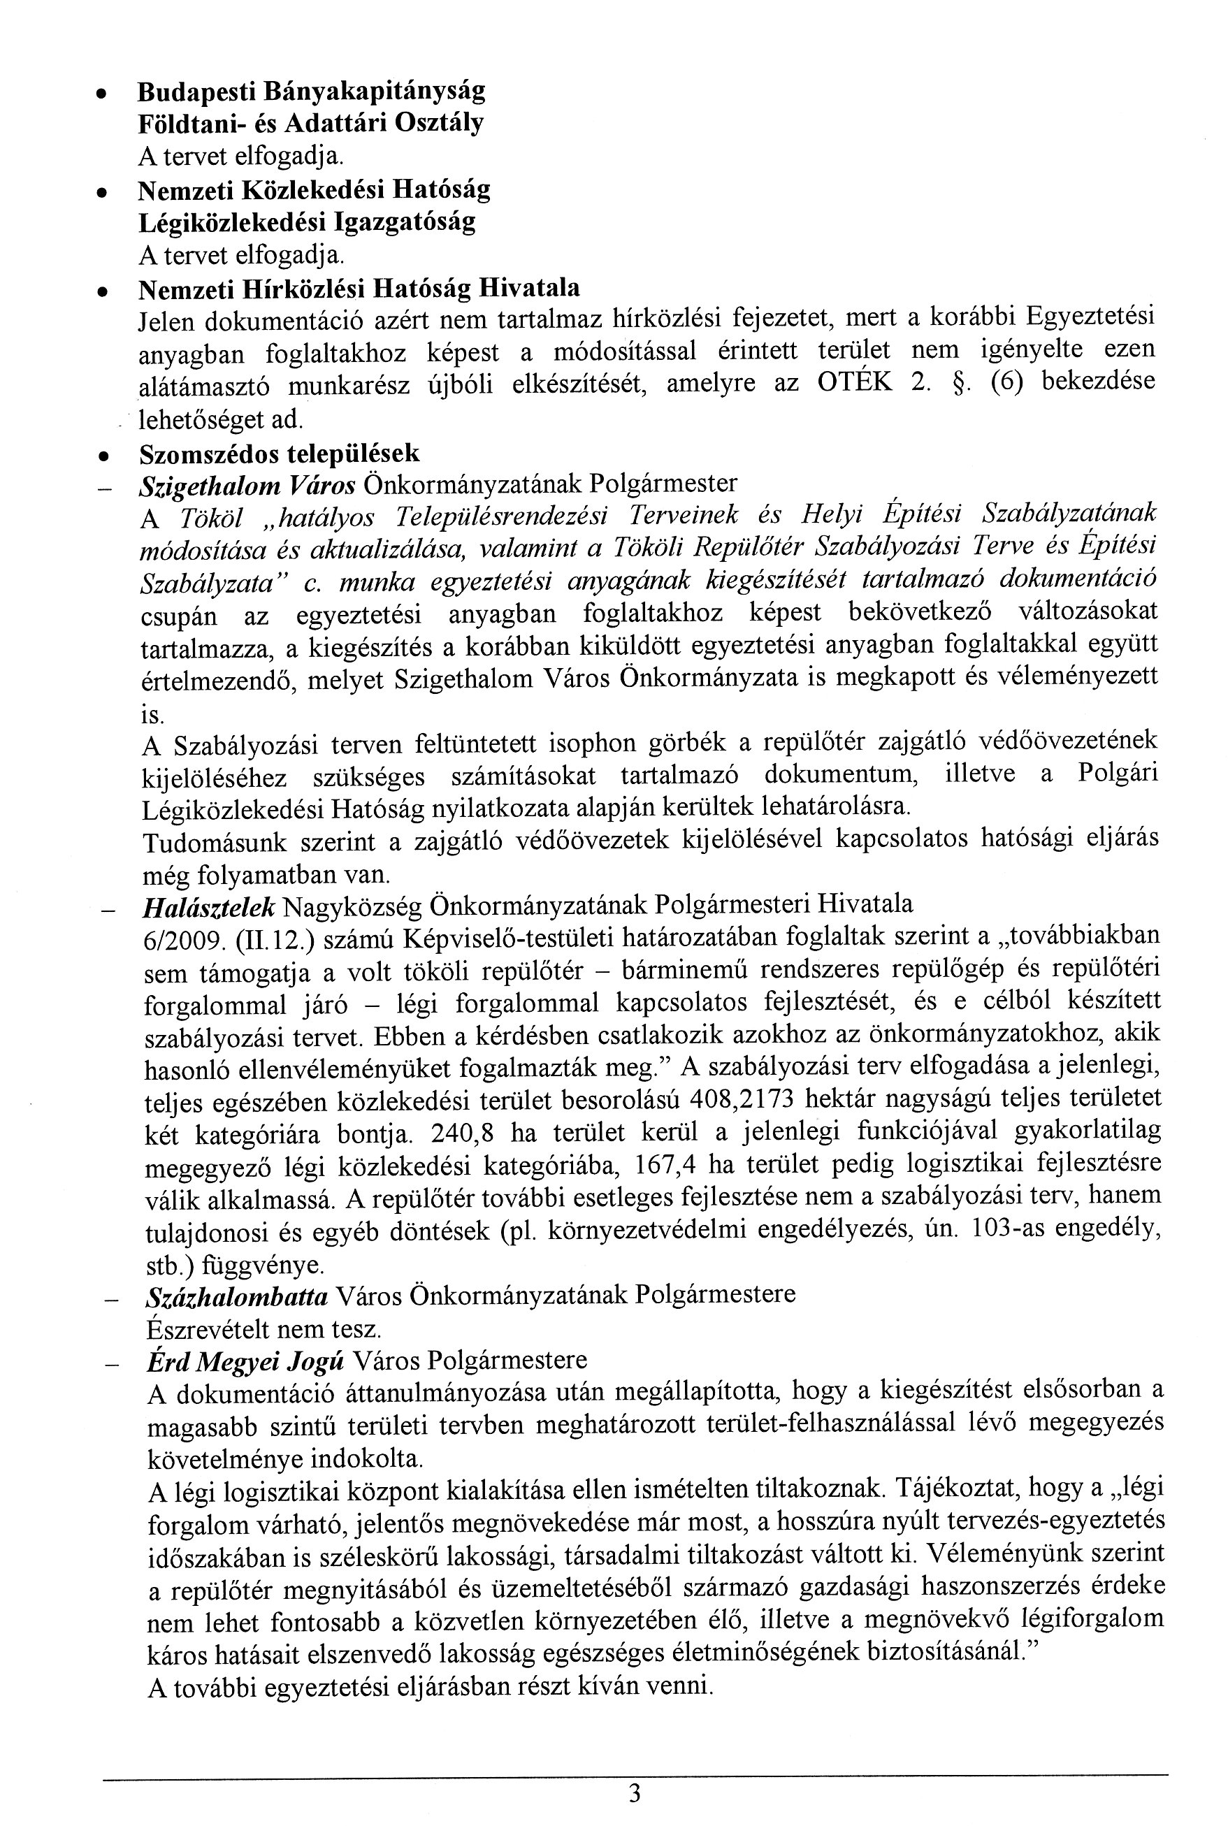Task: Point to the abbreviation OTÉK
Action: (x=855, y=384)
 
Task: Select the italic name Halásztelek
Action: (x=209, y=906)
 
